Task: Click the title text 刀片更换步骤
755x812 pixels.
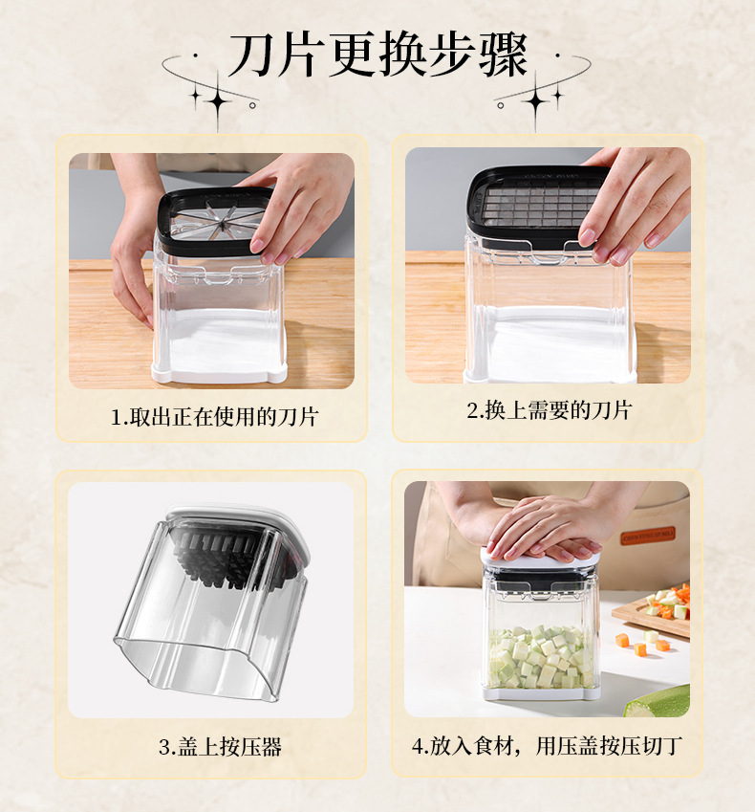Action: tap(377, 55)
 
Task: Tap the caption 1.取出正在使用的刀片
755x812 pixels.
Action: tap(214, 417)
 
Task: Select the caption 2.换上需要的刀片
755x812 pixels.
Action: tap(549, 410)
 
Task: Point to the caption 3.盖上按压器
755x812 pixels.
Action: tap(220, 747)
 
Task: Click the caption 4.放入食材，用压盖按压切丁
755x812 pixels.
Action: tap(547, 746)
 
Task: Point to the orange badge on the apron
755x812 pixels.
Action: tap(648, 536)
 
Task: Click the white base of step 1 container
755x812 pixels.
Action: tap(220, 373)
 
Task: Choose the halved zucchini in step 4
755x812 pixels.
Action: tap(658, 702)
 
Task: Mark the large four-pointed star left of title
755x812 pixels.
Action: tap(218, 101)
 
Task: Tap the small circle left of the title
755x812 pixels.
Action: tap(252, 105)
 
